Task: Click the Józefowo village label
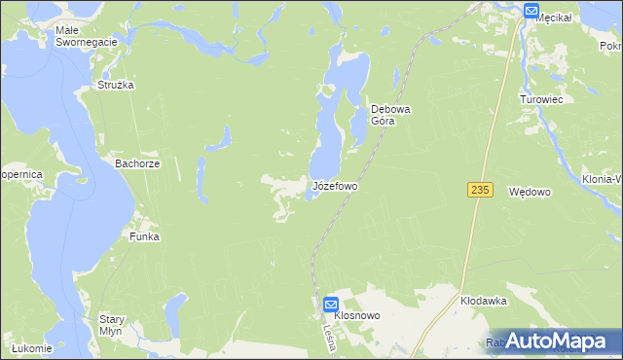pos(335,185)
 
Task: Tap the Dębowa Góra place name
pos(391,116)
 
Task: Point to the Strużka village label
pos(115,86)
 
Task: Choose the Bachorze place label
pos(137,164)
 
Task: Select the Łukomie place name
pos(30,347)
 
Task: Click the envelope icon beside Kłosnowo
pos(331,304)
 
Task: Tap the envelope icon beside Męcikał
pos(531,11)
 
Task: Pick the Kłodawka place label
pos(485,302)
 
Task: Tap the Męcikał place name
pos(560,17)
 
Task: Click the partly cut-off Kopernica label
pos(19,174)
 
